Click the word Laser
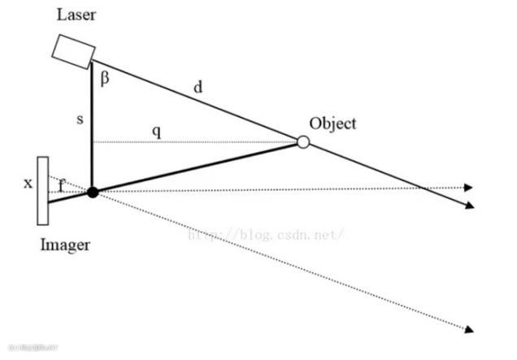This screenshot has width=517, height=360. point(75,15)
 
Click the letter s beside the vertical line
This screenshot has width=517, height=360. point(80,119)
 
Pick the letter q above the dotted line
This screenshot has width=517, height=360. point(157,130)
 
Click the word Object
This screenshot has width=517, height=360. point(332,124)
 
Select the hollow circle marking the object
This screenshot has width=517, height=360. point(303,142)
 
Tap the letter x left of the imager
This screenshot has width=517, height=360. point(28,183)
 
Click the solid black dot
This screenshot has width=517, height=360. point(93,192)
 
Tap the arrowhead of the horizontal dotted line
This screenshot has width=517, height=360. point(469,188)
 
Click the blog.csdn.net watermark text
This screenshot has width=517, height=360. point(267,235)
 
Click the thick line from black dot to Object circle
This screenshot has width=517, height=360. point(195,167)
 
